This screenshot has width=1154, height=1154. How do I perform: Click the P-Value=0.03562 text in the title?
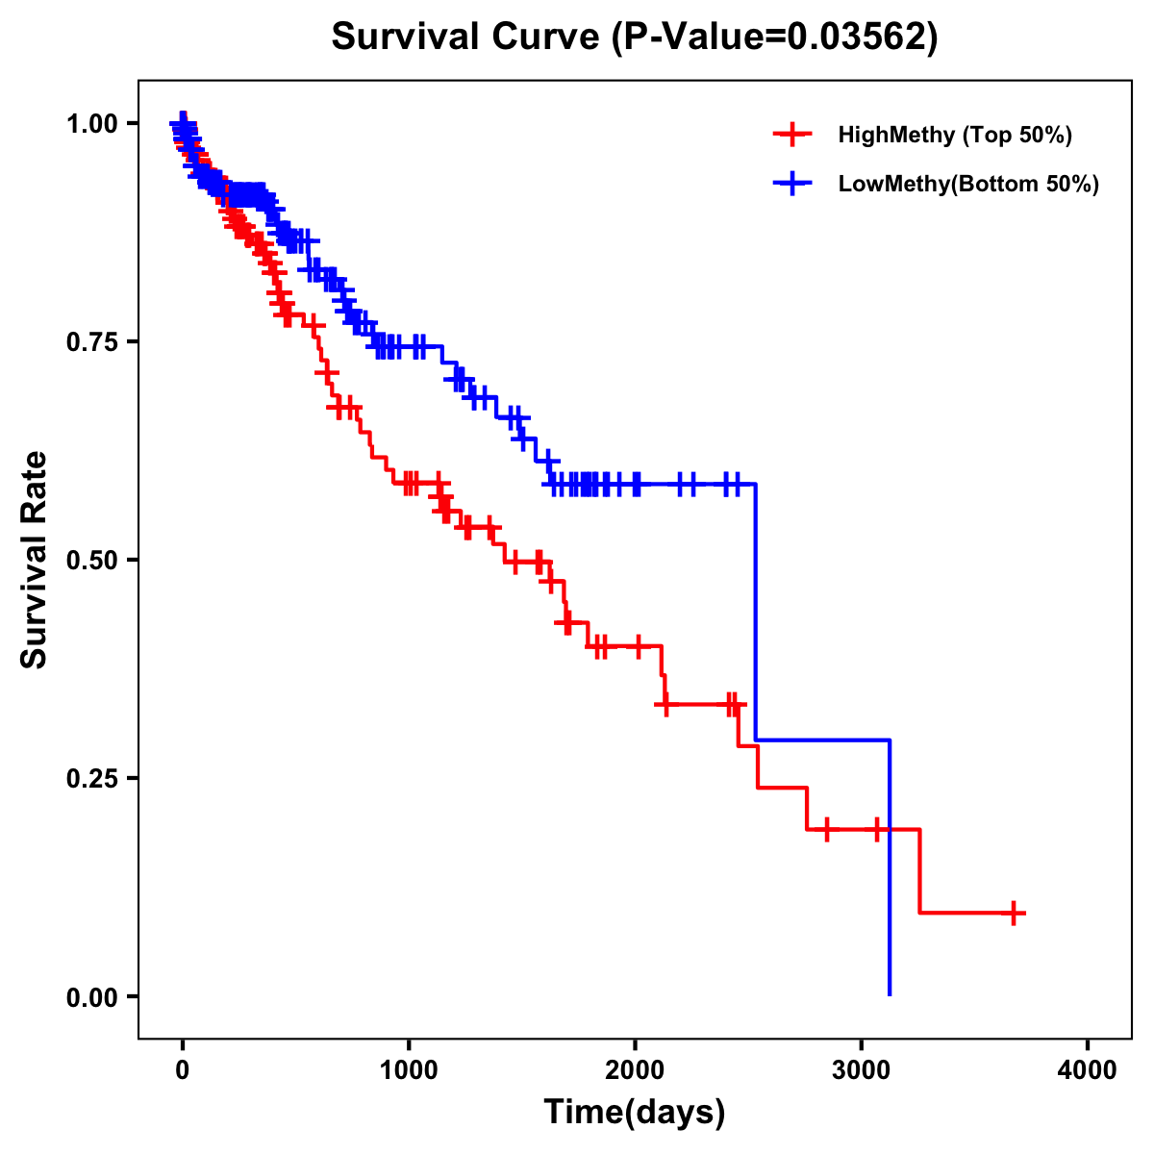[x=775, y=37]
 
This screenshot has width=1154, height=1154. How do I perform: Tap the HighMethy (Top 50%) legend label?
[x=954, y=135]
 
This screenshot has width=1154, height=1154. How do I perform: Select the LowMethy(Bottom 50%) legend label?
[x=968, y=184]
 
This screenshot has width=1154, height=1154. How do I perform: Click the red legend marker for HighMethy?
[x=792, y=135]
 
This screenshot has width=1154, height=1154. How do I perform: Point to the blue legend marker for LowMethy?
[x=792, y=184]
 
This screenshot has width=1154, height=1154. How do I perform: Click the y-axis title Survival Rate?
[x=35, y=559]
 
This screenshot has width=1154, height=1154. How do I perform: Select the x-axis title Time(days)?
[x=635, y=1112]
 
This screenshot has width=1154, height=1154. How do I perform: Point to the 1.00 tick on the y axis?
[x=92, y=123]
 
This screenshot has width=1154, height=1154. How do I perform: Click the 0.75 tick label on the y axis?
[x=92, y=341]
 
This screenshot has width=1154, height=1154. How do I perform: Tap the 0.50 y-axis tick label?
[x=92, y=560]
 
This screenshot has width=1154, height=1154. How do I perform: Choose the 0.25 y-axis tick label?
[x=92, y=778]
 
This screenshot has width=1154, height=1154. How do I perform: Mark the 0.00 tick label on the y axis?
[x=92, y=996]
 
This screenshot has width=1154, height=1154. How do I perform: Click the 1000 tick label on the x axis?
[x=409, y=1070]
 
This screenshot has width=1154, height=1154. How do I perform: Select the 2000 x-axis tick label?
[x=635, y=1070]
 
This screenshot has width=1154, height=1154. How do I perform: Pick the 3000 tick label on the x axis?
[x=861, y=1070]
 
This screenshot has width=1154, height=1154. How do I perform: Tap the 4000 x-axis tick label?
[x=1088, y=1070]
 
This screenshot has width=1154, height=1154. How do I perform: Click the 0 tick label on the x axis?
[x=183, y=1070]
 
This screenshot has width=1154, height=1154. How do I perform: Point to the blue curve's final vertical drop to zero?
[x=890, y=865]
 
